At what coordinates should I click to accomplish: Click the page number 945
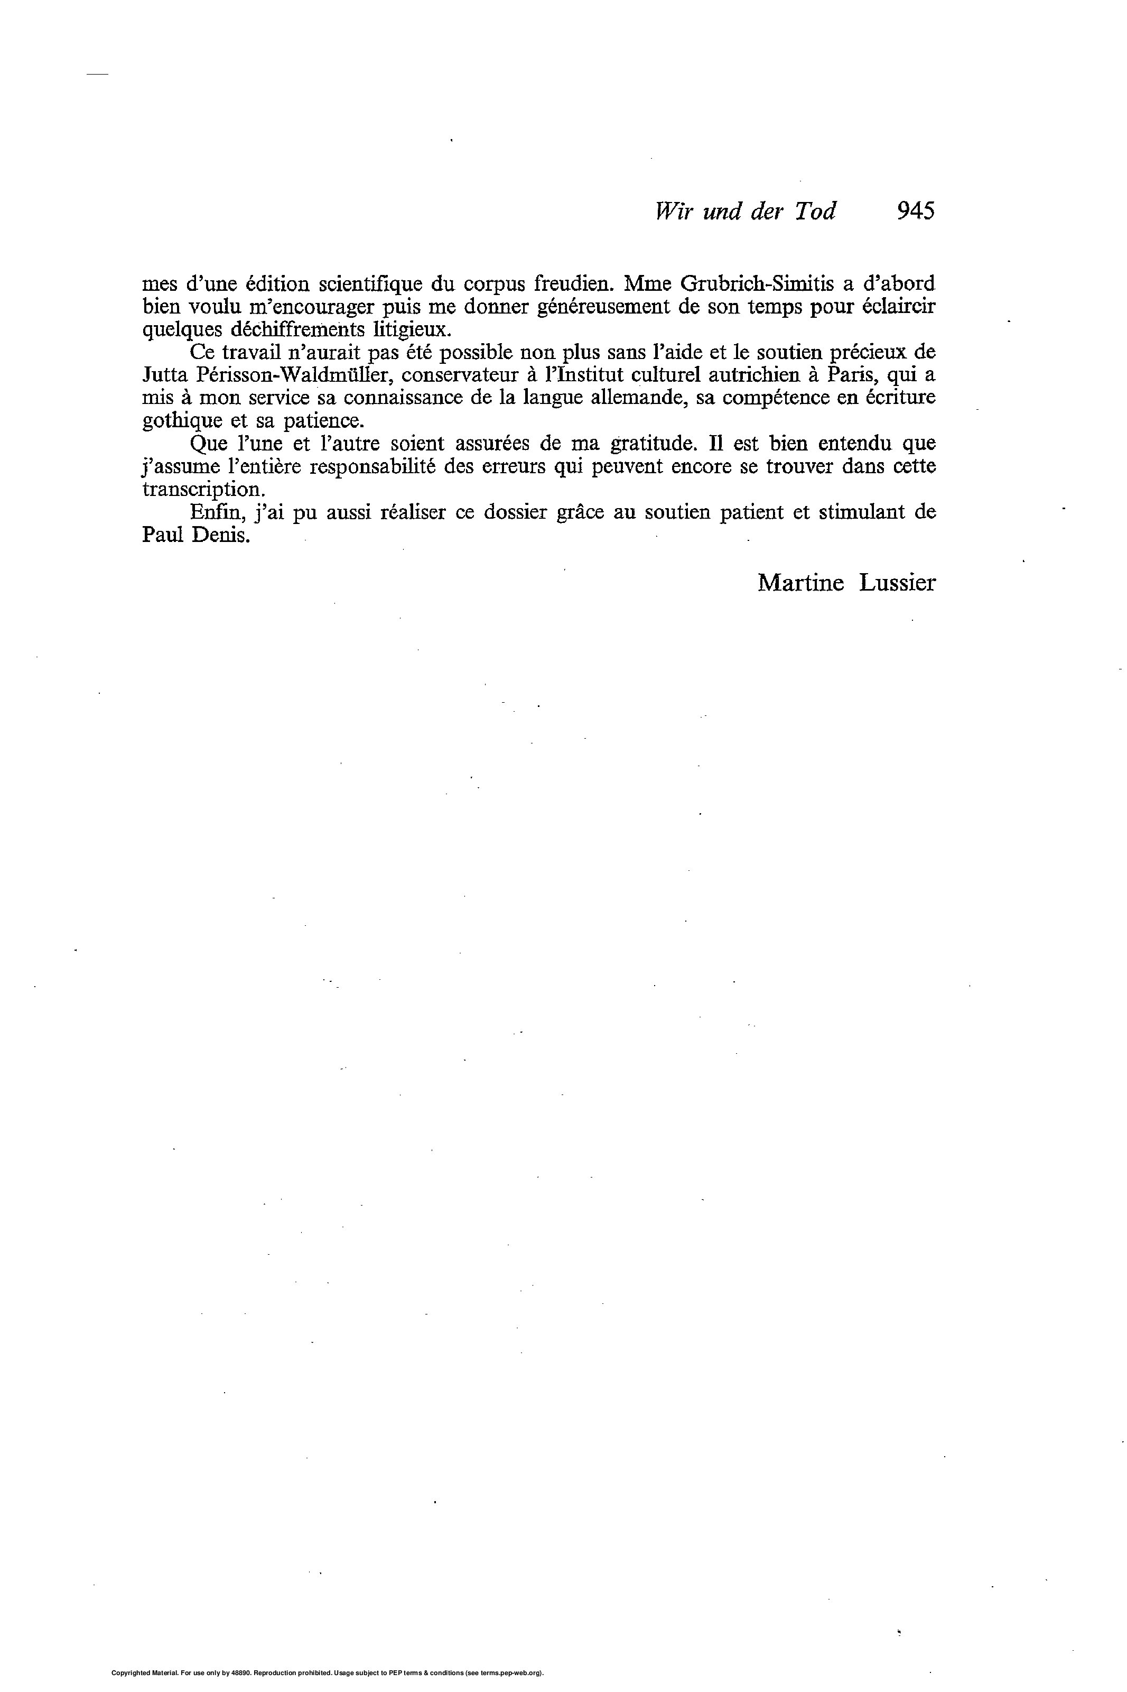[x=915, y=210]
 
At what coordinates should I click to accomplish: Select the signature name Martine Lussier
[x=846, y=583]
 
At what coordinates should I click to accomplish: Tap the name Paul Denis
[x=196, y=537]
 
